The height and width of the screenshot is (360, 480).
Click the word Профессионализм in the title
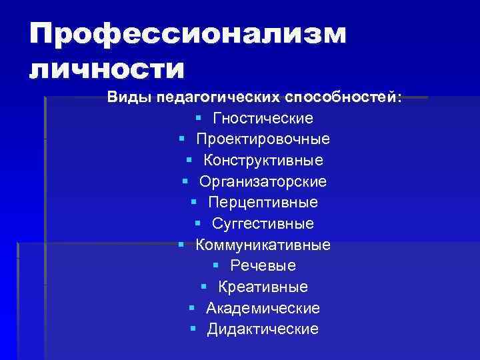[187, 35]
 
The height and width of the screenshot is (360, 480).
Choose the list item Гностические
[263, 119]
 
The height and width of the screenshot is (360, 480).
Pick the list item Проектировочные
[263, 139]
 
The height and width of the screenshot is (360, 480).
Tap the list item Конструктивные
[263, 161]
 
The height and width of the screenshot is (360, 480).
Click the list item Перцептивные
[263, 202]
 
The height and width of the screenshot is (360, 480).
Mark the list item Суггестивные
[263, 223]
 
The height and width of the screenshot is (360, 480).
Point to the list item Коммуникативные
[263, 245]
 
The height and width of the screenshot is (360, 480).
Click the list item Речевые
[263, 265]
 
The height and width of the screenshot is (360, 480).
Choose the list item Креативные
[263, 287]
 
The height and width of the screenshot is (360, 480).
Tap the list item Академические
[263, 308]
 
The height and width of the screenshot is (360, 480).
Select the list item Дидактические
[263, 329]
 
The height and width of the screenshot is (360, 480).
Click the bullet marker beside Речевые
[217, 265]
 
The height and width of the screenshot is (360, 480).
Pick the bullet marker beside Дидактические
[193, 329]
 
